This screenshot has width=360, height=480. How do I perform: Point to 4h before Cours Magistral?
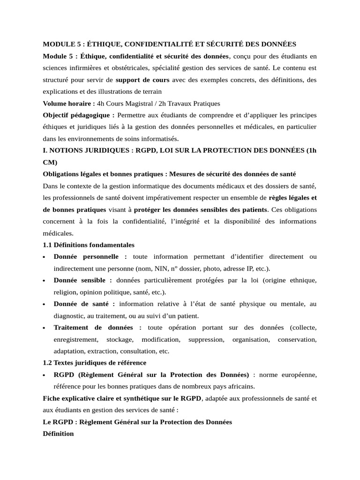click(101, 103)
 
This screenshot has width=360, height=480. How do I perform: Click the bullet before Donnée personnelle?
click(44, 257)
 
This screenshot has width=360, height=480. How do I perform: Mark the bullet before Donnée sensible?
click(44, 280)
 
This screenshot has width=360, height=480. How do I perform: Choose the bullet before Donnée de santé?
click(44, 304)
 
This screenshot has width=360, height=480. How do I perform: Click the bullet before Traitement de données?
click(44, 328)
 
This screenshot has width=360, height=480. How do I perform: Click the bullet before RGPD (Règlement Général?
click(44, 375)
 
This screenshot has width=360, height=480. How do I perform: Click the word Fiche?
click(52, 398)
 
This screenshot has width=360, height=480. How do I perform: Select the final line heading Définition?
click(58, 434)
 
